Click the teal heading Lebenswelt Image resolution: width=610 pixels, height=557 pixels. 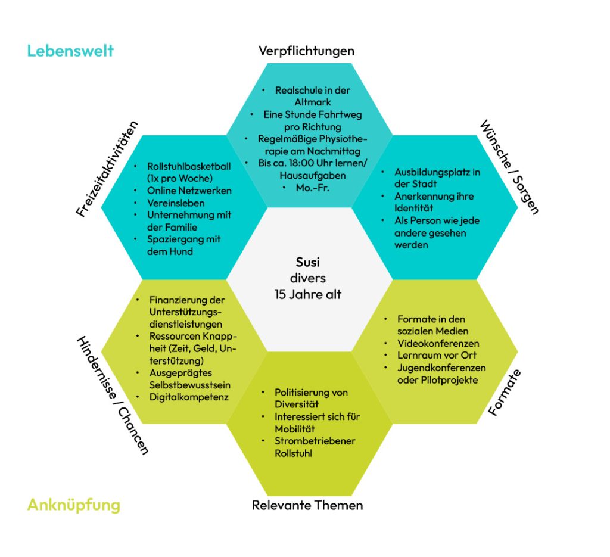coord(70,51)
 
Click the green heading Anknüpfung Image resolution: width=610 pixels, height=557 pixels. coord(73,505)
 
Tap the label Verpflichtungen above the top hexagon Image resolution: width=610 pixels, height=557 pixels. coord(306,51)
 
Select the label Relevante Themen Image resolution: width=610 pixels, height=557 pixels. coord(307,506)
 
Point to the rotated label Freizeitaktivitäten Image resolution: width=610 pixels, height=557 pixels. coord(107,169)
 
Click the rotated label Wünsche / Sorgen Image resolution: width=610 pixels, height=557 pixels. coord(509,167)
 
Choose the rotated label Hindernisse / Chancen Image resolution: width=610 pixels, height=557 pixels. coord(112,395)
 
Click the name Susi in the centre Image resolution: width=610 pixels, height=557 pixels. coord(308,262)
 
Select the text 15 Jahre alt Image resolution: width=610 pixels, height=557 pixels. coord(308,294)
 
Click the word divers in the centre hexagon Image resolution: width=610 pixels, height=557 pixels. coord(308,278)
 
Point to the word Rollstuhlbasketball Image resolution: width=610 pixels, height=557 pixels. coord(189,166)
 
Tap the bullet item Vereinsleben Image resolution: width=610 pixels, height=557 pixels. coord(176,203)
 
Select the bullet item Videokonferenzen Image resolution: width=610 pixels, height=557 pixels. coord(438,343)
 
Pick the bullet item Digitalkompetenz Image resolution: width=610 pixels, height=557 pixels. coord(189,397)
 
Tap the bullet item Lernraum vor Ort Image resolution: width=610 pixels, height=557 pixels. coord(437,356)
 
